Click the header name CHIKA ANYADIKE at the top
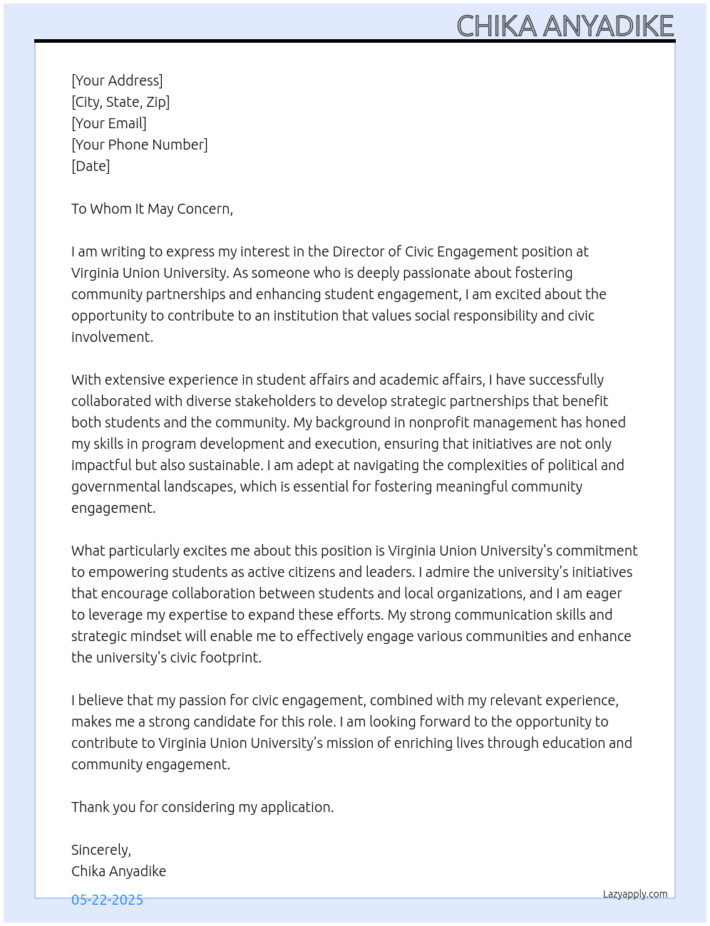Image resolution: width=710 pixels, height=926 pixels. pyautogui.click(x=565, y=26)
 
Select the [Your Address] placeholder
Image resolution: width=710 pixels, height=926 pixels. pyautogui.click(x=117, y=80)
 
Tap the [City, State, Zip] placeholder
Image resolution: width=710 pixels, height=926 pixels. pyautogui.click(x=120, y=102)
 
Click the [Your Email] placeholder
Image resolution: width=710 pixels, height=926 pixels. pyautogui.click(x=109, y=123)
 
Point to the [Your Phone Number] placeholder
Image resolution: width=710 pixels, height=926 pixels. pyautogui.click(x=140, y=145)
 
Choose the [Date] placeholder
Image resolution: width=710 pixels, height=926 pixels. pyautogui.click(x=91, y=166)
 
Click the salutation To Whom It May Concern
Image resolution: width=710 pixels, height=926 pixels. pyautogui.click(x=152, y=209)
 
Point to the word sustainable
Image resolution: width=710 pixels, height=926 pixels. pyautogui.click(x=226, y=465)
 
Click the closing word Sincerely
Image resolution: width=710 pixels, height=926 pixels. pyautogui.click(x=101, y=850)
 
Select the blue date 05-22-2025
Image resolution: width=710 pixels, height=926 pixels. pyautogui.click(x=107, y=900)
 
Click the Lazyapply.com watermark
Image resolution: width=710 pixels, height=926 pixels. pyautogui.click(x=635, y=894)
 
